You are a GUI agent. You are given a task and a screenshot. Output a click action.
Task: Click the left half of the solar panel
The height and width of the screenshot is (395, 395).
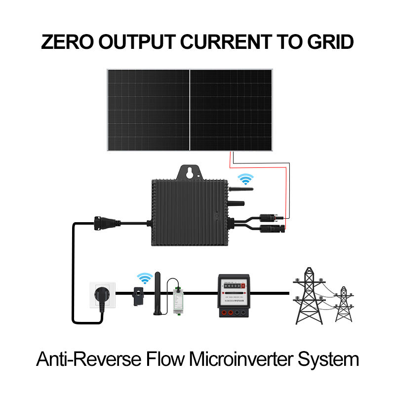point(148,109)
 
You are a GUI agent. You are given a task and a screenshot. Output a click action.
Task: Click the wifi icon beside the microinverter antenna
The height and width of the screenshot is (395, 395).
point(244,179)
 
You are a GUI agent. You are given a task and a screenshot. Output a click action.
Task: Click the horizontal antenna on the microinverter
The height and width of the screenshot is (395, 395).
point(240,189)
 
